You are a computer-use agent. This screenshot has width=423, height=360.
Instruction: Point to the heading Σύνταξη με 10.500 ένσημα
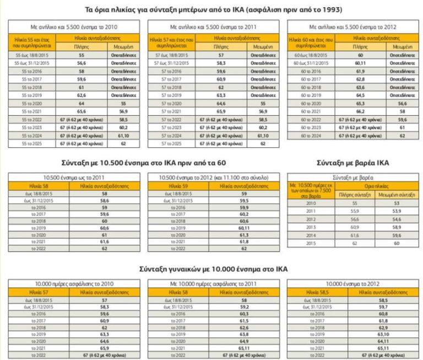tap(143, 163)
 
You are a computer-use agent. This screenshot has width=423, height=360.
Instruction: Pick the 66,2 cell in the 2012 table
tap(361, 111)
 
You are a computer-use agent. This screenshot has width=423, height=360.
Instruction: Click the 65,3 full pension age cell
tap(361, 103)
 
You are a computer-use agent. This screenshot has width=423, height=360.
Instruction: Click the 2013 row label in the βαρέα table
tap(311, 227)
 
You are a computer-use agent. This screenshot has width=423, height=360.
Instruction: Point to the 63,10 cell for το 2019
tap(382, 334)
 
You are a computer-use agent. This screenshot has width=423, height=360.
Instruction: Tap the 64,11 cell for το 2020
tap(382, 341)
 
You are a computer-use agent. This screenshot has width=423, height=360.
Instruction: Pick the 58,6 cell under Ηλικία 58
tap(104, 202)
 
